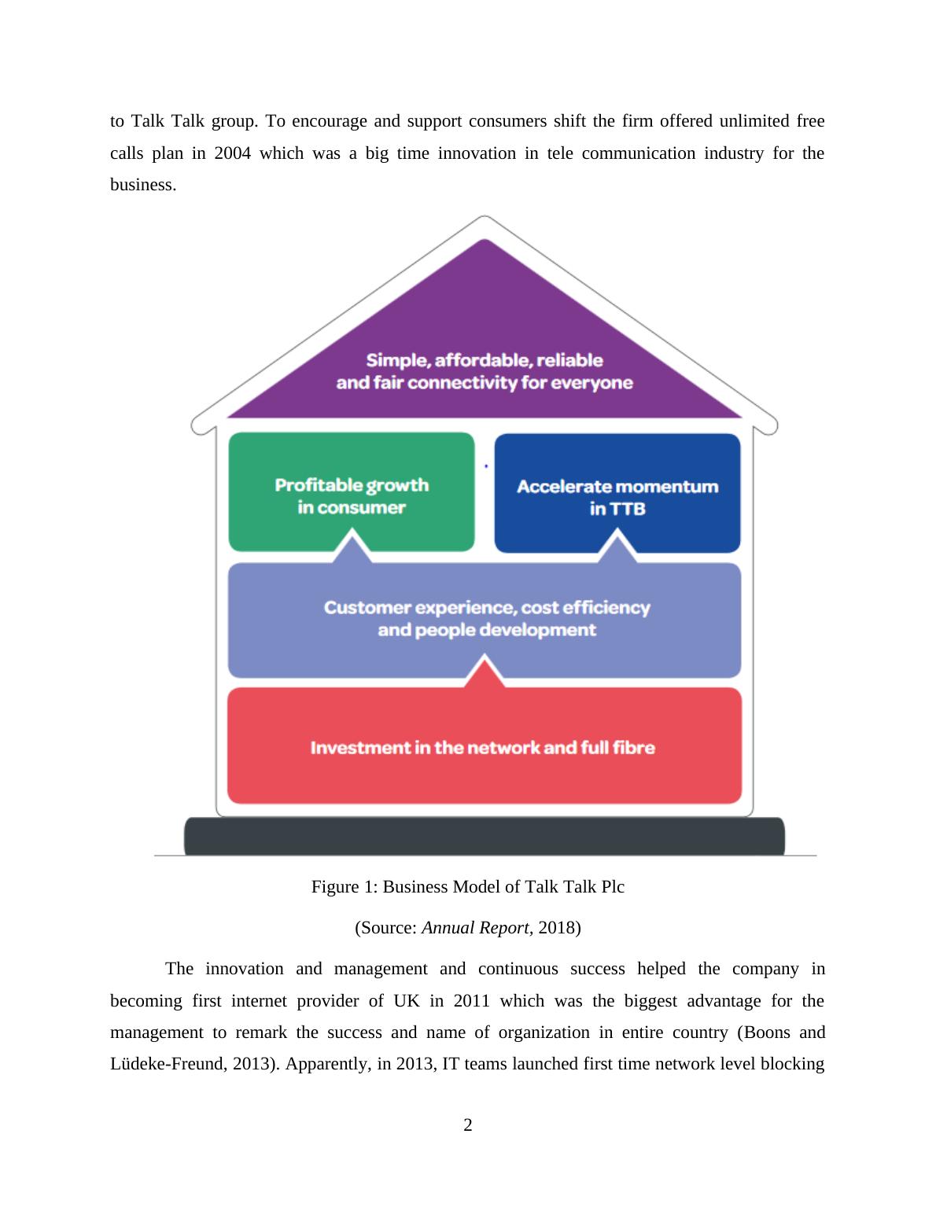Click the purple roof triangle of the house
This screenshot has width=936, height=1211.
click(x=485, y=315)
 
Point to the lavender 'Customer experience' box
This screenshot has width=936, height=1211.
click(x=485, y=619)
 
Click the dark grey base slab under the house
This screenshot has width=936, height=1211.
click(x=485, y=836)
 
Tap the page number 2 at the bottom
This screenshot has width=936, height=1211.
click(x=468, y=1125)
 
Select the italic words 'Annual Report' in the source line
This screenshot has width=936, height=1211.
click(x=474, y=928)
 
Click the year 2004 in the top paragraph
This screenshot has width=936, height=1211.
click(x=232, y=153)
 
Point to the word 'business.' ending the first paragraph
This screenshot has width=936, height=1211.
click(x=143, y=185)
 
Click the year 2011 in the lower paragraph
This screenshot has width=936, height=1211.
click(x=471, y=1001)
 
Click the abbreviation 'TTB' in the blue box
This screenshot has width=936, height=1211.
click(x=628, y=509)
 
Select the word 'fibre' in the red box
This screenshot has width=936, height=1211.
click(x=634, y=748)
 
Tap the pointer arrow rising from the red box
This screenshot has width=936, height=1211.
click(x=485, y=672)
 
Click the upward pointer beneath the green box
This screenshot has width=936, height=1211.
click(x=352, y=545)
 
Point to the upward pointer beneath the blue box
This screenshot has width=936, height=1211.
click(x=617, y=545)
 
